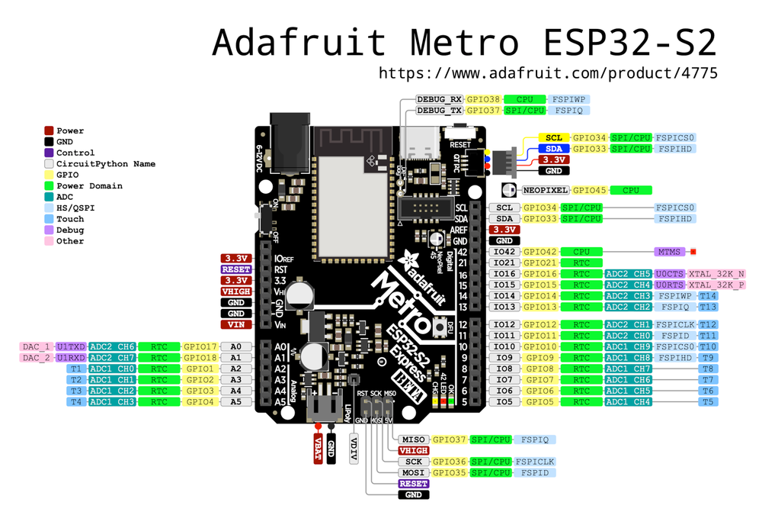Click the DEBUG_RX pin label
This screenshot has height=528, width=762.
pos(440,99)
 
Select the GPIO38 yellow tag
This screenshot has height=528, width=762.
pos(484,99)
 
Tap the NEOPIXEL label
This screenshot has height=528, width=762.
pos(545,190)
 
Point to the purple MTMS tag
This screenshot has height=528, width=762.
pos(670,251)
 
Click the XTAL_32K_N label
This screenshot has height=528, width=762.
pos(716,274)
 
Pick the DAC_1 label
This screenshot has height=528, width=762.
pos(36,346)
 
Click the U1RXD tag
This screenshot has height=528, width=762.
pos(72,357)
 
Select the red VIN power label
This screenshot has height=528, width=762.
pos(235,324)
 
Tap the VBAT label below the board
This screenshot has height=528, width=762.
pos(318,449)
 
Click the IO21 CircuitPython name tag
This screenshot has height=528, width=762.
pos(504,262)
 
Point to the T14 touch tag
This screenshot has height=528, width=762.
pos(708,296)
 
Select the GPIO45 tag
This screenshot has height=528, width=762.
pos(591,190)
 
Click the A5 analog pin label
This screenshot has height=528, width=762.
pos(235,401)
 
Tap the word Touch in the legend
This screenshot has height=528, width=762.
pos(70,219)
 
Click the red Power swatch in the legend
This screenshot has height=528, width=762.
pos(49,131)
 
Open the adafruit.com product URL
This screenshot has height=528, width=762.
pos(548,73)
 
